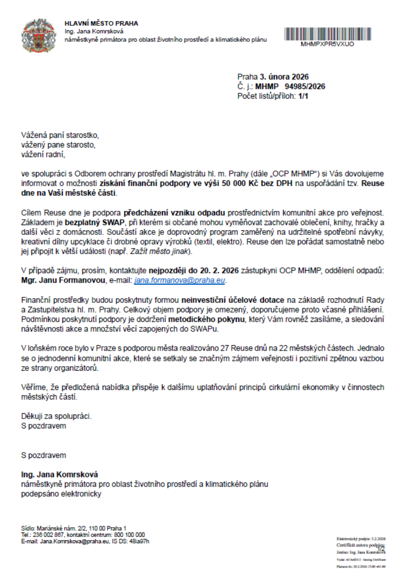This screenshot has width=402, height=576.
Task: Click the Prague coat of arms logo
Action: coord(39,35)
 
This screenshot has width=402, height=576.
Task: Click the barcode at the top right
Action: coord(327,34)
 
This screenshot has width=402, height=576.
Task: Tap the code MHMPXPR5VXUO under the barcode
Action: coord(327,44)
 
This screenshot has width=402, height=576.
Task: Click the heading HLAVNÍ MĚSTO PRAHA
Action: coord(101,23)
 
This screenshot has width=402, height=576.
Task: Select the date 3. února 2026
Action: coord(284,77)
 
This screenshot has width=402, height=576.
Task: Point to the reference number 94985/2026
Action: coord(305,87)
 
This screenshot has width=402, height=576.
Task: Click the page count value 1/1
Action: coord(303,96)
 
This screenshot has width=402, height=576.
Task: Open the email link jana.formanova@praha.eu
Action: coord(180,280)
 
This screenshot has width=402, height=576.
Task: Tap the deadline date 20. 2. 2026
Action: coord(219,271)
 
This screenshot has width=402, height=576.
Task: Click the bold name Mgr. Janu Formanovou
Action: coord(63,280)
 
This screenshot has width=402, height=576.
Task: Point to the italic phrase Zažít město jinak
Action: coord(160,251)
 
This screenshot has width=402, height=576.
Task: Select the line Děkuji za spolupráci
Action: coord(56,416)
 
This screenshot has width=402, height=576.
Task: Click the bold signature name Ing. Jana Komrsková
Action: coord(59,474)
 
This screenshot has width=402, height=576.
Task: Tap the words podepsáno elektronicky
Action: coord(61,494)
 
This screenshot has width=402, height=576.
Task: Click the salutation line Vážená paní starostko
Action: coord(60,135)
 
